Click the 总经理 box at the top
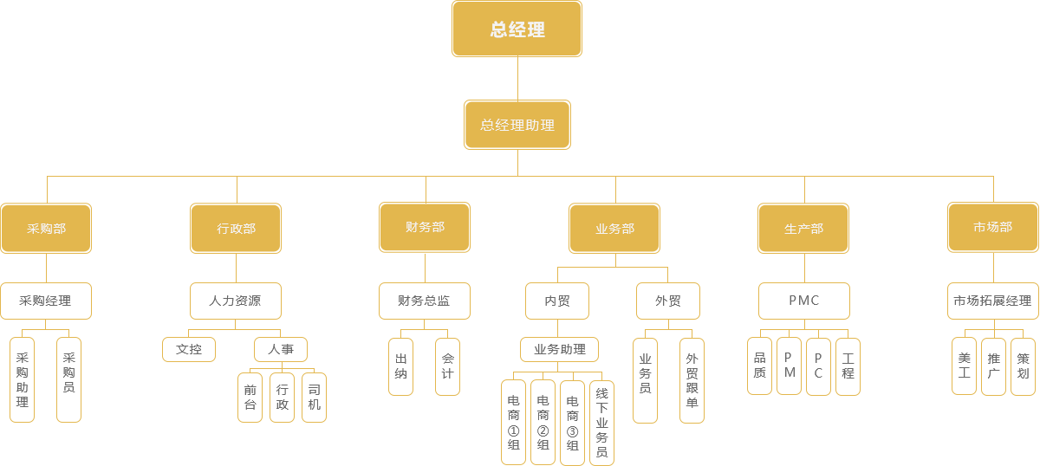(517, 29)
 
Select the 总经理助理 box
(517, 124)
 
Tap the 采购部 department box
(46, 228)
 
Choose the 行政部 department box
(236, 228)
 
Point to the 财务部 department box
(425, 227)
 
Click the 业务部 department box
(614, 228)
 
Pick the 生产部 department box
(803, 228)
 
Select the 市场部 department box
(992, 227)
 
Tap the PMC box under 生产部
(803, 301)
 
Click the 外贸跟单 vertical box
(692, 379)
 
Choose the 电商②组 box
(543, 422)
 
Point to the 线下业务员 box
(601, 422)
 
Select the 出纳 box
(400, 366)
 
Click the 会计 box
(447, 366)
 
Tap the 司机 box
(314, 397)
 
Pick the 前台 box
(250, 397)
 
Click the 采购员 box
(68, 379)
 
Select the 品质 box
(759, 366)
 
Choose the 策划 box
(1024, 366)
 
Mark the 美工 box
(965, 366)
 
